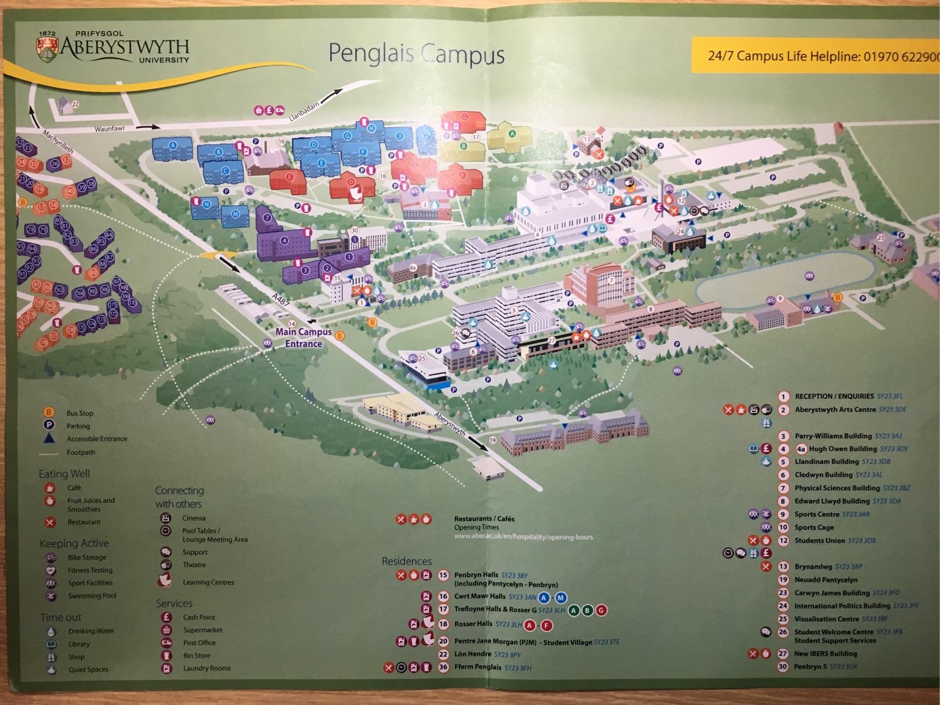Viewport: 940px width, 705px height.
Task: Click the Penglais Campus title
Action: coord(416,55)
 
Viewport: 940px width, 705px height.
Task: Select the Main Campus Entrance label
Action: coord(303,338)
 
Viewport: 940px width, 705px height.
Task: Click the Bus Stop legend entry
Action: coord(80,413)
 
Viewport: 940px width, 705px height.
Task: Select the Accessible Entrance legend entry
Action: coord(96,439)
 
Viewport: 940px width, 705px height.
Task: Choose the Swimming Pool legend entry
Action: coord(92,596)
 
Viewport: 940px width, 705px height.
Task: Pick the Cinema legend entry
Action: coord(194,518)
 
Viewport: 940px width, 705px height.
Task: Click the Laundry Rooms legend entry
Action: coord(207,669)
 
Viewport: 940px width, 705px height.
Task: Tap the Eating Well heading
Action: coord(64,474)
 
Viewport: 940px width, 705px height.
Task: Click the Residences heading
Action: coord(406,561)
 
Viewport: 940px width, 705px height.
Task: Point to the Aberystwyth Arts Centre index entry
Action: coord(835,410)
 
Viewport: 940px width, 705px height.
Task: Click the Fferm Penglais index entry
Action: coord(477,668)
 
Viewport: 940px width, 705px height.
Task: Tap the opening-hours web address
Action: coord(523,536)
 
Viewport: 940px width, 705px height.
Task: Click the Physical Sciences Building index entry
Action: coord(837,488)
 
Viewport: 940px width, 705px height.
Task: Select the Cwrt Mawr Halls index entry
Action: coord(479,596)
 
